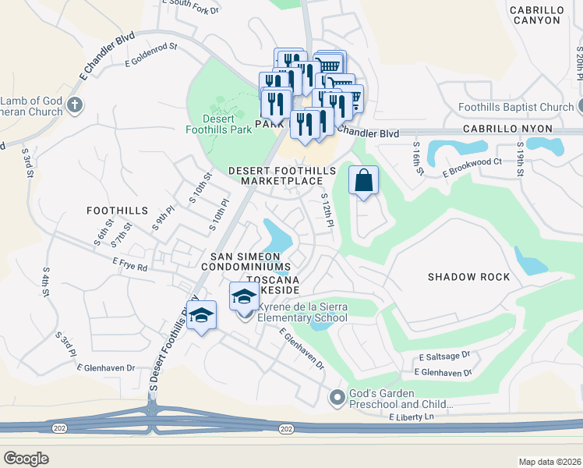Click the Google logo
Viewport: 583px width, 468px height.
(x=26, y=459)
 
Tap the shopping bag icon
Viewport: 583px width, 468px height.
(x=363, y=182)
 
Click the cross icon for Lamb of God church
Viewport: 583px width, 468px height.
(x=74, y=105)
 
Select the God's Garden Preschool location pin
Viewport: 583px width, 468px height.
(x=337, y=398)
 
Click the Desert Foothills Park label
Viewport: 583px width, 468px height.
(x=218, y=124)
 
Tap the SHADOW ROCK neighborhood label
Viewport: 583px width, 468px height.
(x=468, y=277)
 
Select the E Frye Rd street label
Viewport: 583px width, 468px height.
(x=129, y=264)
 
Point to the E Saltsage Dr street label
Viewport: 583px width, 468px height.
(x=444, y=355)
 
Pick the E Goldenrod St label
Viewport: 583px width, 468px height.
(x=151, y=57)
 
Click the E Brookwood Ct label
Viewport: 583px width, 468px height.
(x=472, y=166)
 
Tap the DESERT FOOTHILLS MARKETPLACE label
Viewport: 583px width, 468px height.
(x=281, y=175)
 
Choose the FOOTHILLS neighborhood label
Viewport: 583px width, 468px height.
(x=117, y=211)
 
